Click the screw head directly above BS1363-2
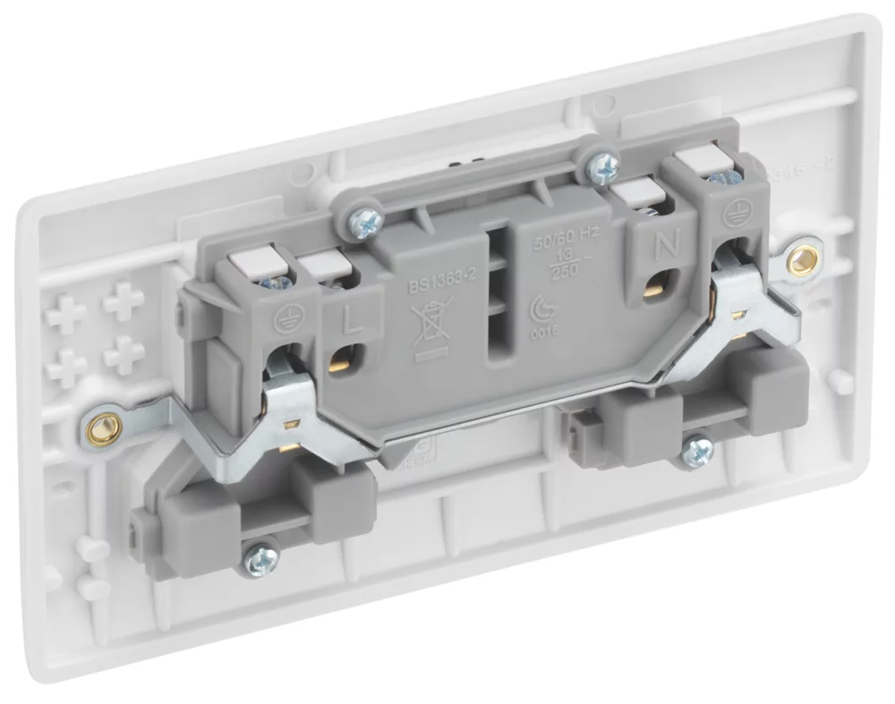(x=365, y=219)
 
